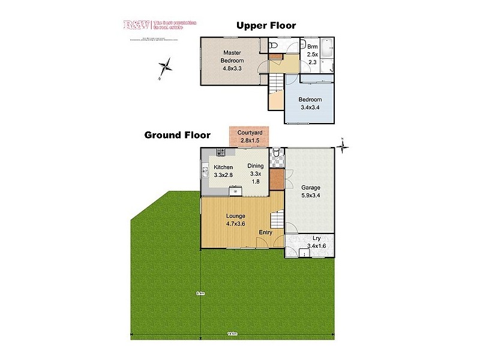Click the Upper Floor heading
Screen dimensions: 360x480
point(266,25)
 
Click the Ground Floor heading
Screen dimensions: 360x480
point(177,135)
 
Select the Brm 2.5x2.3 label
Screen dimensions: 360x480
point(312,54)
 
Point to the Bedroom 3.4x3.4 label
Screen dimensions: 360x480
point(310,104)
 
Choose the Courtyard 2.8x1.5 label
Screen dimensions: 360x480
point(248,136)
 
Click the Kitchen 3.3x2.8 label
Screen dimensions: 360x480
point(223,171)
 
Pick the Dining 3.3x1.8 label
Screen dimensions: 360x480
point(256,173)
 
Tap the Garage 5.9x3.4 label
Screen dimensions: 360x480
point(310,191)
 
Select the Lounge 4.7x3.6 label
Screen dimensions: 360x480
point(235,220)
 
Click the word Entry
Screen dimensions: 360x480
point(265,232)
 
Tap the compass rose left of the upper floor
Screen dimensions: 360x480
point(166,67)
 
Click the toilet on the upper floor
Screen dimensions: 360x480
point(273,46)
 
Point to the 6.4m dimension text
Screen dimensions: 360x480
point(200,293)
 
